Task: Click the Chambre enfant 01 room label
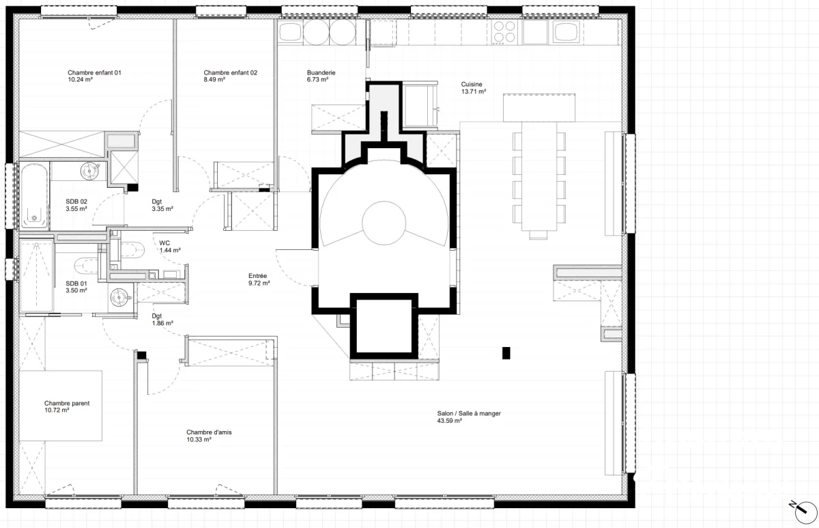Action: click(x=94, y=76)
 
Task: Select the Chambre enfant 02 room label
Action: click(x=230, y=76)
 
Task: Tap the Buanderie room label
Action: click(x=321, y=76)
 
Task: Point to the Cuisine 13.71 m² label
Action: click(x=473, y=87)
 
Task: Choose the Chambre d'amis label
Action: click(x=208, y=436)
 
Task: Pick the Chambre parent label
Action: click(x=67, y=406)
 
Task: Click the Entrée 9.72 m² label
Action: click(x=259, y=279)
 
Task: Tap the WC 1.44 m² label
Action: click(x=169, y=247)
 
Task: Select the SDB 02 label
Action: click(x=76, y=205)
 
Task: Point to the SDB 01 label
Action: click(x=76, y=287)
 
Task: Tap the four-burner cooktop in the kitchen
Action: click(x=505, y=31)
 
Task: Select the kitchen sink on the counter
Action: click(x=566, y=31)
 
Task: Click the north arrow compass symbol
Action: click(x=799, y=509)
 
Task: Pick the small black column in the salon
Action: click(x=506, y=352)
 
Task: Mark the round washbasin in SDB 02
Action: click(x=89, y=171)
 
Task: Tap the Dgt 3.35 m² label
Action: click(x=162, y=205)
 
